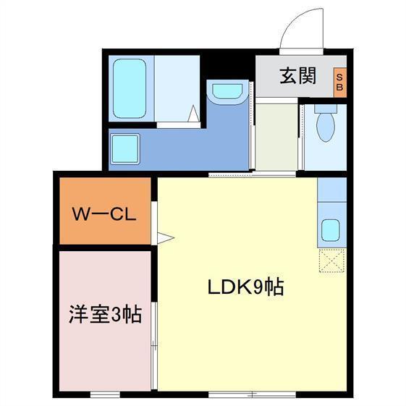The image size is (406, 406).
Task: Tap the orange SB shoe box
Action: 339,81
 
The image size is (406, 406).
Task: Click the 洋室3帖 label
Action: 104,314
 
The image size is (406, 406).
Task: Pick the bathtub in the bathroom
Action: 130,90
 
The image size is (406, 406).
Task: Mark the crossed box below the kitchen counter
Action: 331,260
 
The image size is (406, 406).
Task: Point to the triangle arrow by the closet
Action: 166,237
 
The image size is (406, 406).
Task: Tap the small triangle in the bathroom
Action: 194,114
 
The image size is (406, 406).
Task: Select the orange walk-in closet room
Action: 103,210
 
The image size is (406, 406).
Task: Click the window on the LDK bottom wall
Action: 251,394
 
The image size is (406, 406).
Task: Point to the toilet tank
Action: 326,109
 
